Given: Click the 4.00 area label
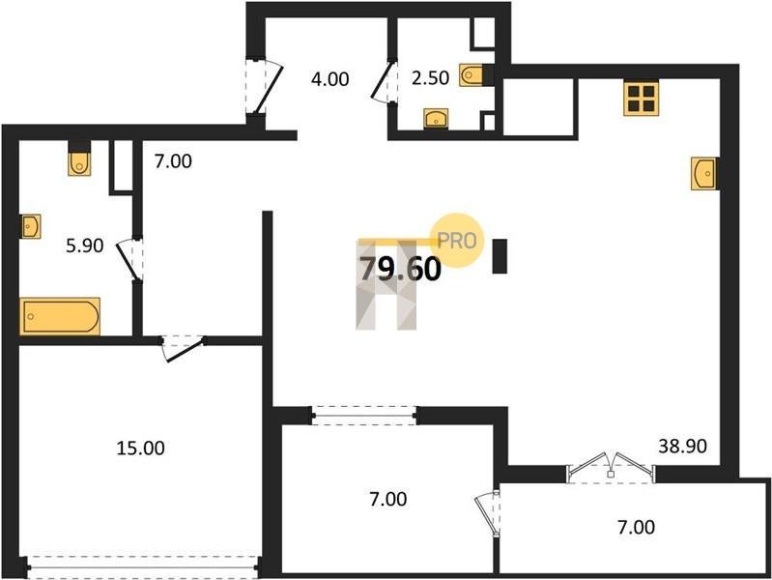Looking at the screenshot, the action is tap(329, 79).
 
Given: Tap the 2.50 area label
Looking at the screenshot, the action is tap(430, 78).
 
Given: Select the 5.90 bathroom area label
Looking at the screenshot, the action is tap(85, 245).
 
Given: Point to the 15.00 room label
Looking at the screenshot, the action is tap(140, 448).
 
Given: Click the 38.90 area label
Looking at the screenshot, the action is tap(682, 446).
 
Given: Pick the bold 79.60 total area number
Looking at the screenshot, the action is tap(400, 270).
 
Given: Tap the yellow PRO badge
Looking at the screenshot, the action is tap(456, 241).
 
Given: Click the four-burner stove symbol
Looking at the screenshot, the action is tap(641, 98).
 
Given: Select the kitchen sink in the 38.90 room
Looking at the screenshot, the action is tap(703, 173).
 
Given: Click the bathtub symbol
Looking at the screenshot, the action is tap(60, 316).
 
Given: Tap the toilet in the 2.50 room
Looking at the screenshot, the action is tap(472, 74).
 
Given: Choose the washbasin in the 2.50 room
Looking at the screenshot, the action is tap(436, 118).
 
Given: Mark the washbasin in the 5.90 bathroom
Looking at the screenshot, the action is tap(30, 226).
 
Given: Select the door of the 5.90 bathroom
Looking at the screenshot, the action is tap(130, 260).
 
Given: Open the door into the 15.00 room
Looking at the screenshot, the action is tap(183, 348).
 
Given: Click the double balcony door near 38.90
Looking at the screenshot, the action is tap(611, 467).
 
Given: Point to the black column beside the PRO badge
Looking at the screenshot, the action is tap(500, 256).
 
